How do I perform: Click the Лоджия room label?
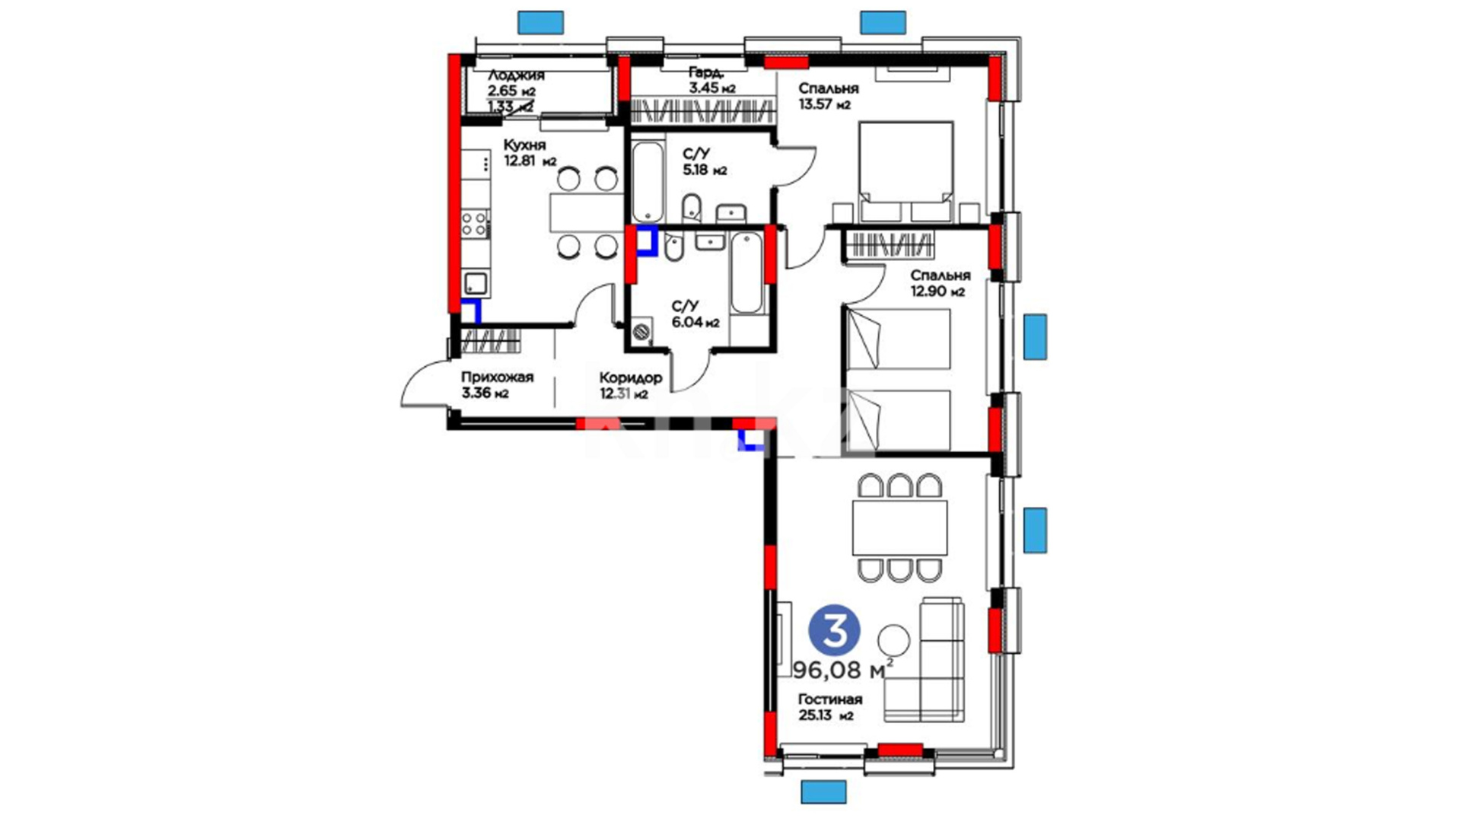[516, 75]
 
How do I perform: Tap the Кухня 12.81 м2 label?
[530, 153]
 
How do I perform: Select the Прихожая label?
[497, 377]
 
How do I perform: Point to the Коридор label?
[630, 378]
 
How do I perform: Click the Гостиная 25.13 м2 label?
[829, 707]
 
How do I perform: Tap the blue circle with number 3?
[835, 631]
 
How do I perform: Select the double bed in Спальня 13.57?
[906, 172]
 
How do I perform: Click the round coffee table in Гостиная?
[893, 640]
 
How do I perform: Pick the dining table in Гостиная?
[899, 527]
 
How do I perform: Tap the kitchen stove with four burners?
[476, 224]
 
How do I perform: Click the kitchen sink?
[476, 284]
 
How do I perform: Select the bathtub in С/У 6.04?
[746, 272]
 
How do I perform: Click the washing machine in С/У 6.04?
[642, 331]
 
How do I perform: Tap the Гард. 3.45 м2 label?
[711, 80]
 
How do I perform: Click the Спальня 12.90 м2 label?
[940, 283]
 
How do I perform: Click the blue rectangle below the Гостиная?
[823, 792]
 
